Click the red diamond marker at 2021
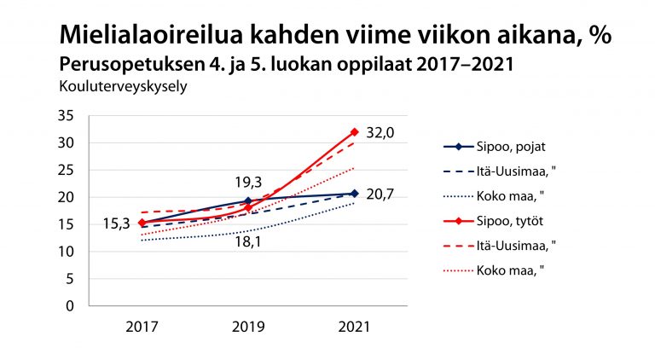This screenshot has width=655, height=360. (354, 131)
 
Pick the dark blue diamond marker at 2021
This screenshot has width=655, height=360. (354, 194)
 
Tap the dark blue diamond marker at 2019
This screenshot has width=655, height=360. (247, 201)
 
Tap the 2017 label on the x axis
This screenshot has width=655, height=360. (142, 326)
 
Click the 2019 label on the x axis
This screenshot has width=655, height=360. (247, 326)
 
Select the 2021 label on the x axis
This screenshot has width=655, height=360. (353, 326)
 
